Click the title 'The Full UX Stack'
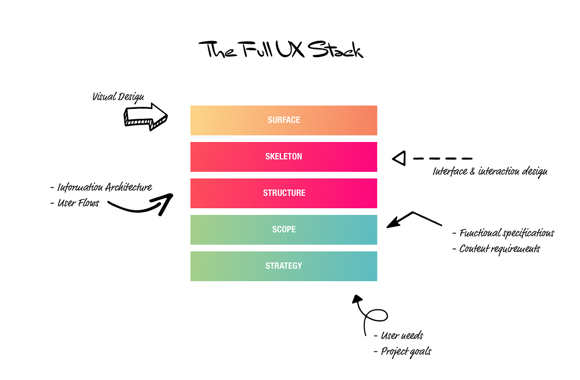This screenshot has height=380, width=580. pyautogui.click(x=280, y=50)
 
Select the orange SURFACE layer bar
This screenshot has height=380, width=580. pyautogui.click(x=284, y=120)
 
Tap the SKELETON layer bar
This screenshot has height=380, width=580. pyautogui.click(x=284, y=157)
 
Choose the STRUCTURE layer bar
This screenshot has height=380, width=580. pyautogui.click(x=284, y=193)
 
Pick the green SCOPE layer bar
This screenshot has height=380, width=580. pyautogui.click(x=284, y=230)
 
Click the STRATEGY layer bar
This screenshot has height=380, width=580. pyautogui.click(x=284, y=266)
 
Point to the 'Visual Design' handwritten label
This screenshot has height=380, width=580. pyautogui.click(x=118, y=97)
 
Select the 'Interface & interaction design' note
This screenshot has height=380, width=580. pyautogui.click(x=490, y=171)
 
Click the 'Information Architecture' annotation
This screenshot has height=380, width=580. pyautogui.click(x=104, y=188)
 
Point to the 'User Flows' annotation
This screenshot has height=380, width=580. pyautogui.click(x=78, y=203)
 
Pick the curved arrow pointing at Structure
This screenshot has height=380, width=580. pyautogui.click(x=141, y=204)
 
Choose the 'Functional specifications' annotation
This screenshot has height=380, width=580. pyautogui.click(x=506, y=233)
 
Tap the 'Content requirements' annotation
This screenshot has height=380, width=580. pyautogui.click(x=499, y=249)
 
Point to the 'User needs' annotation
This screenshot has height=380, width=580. pyautogui.click(x=402, y=335)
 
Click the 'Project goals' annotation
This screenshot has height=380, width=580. pyautogui.click(x=406, y=351)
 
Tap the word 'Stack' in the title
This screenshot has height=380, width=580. pyautogui.click(x=336, y=50)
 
